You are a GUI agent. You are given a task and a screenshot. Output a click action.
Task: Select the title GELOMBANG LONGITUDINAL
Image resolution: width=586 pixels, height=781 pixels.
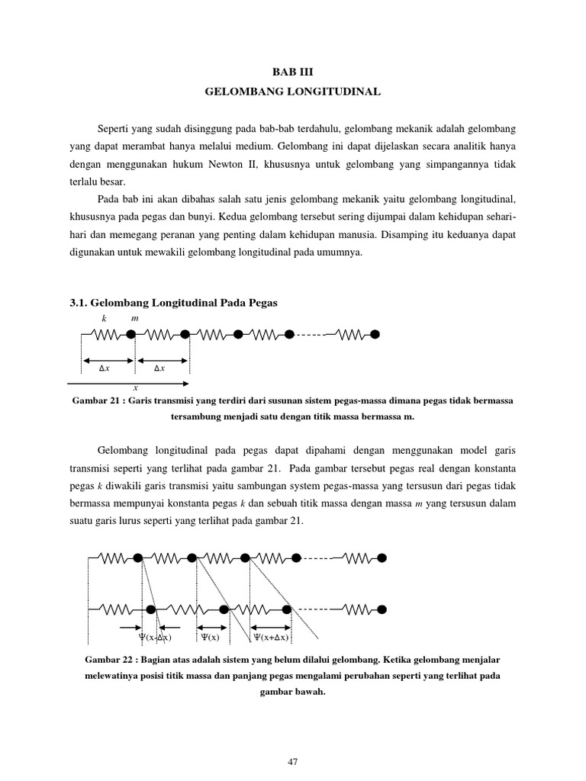pyautogui.click(x=293, y=91)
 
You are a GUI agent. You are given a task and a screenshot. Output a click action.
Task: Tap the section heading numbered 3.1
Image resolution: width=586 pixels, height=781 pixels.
pyautogui.click(x=174, y=303)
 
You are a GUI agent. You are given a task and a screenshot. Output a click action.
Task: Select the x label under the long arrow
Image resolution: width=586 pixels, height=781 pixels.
pyautogui.click(x=135, y=388)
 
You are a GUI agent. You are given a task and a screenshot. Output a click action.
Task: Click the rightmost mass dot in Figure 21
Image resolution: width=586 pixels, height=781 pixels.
pyautogui.click(x=375, y=334)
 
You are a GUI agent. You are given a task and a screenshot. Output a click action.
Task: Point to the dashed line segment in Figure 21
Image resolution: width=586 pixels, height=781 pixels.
pyautogui.click(x=311, y=334)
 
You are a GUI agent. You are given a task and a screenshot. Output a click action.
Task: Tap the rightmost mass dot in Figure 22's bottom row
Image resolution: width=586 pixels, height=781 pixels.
pyautogui.click(x=382, y=609)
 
